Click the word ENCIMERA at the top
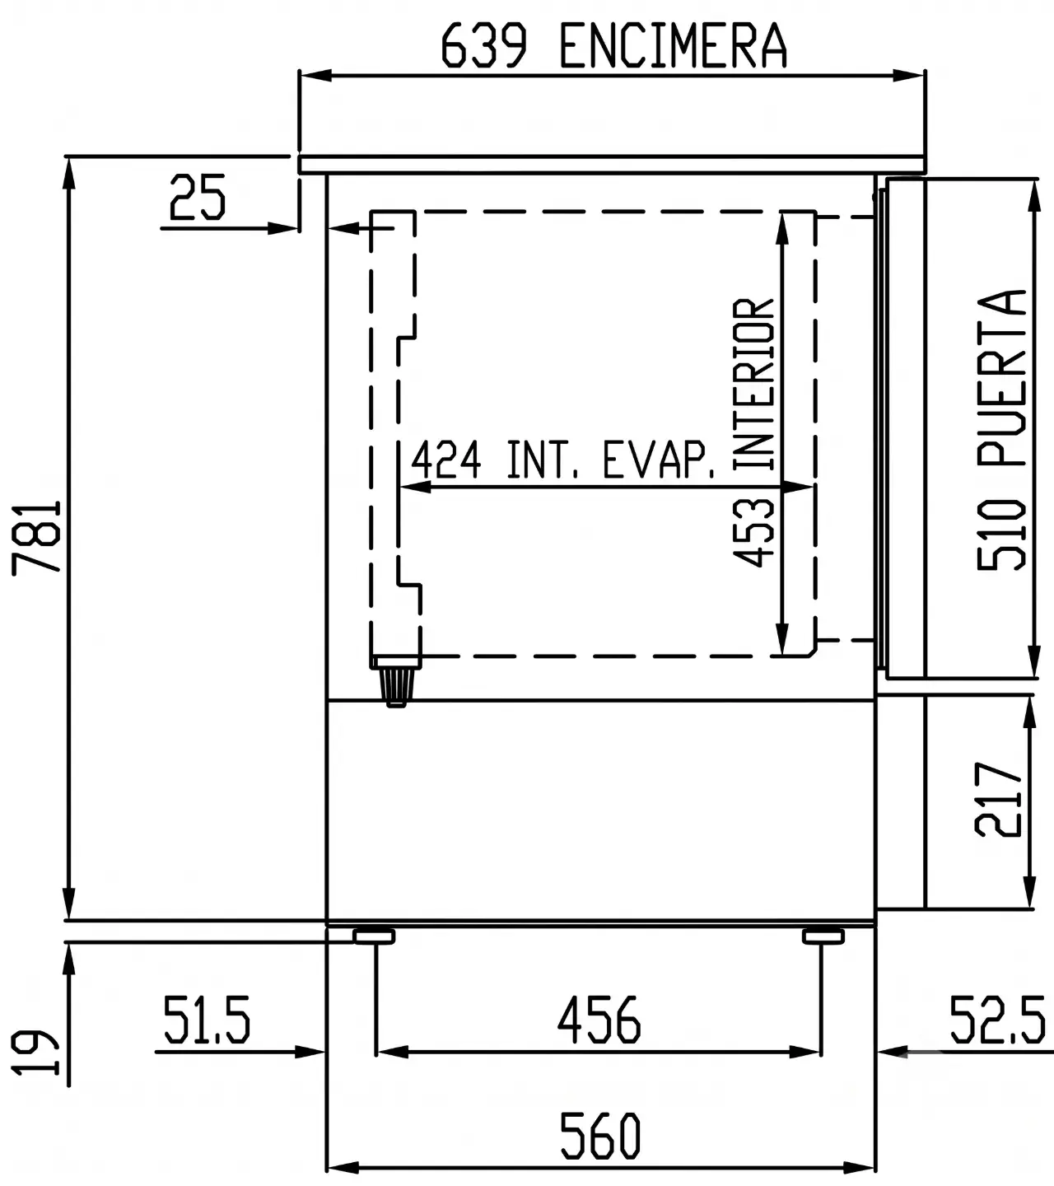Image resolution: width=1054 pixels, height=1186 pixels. pos(674,45)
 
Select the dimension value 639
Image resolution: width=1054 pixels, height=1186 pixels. pos(484,45)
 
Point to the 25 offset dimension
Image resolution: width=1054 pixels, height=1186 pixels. pos(198,198)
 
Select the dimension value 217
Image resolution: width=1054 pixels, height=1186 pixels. pos(998,800)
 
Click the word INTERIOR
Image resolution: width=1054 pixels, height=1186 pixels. pos(753,384)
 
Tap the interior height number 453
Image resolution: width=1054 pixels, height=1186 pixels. pos(753,533)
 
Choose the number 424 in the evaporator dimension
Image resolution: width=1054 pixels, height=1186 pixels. pos(446,460)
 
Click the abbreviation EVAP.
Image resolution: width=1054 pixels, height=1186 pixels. pos(659,460)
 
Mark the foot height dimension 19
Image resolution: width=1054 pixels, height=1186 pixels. pos(35,1053)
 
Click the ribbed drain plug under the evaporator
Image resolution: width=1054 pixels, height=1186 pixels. pos(397,687)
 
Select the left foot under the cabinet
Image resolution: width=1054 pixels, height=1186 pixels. pos(374,936)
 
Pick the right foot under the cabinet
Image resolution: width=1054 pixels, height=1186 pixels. pos(823,936)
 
